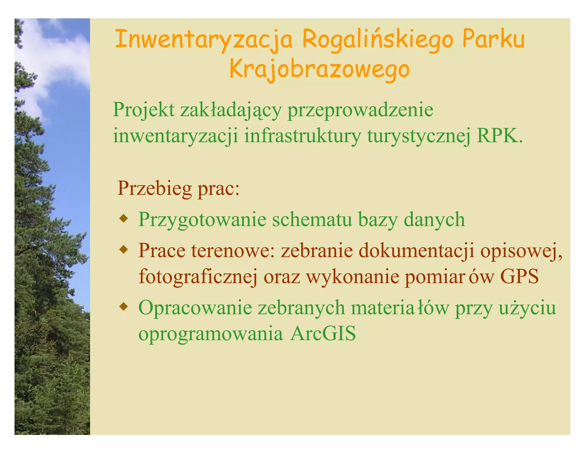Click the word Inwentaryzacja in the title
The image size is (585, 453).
point(204,40)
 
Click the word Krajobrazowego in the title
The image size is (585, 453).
point(320,70)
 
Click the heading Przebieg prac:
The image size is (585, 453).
point(179,188)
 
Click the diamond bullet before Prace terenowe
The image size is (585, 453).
point(123,250)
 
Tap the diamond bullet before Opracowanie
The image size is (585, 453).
point(123,307)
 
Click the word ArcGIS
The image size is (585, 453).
point(323,334)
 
